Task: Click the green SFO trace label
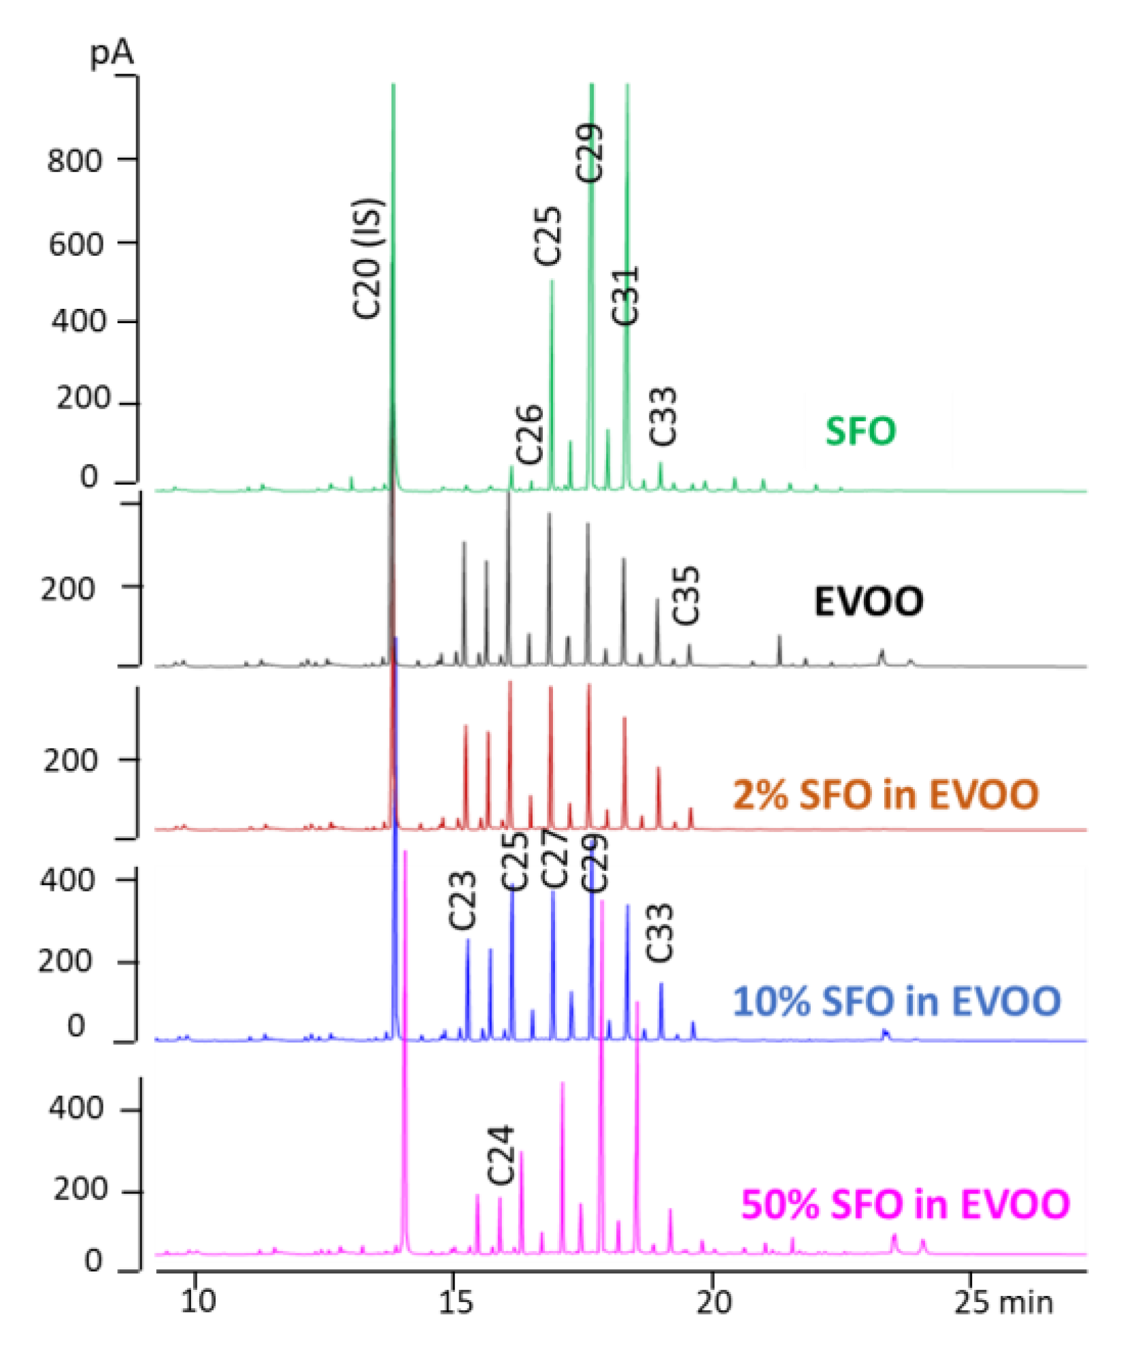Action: click(x=860, y=431)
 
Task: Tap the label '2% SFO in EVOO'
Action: click(x=886, y=795)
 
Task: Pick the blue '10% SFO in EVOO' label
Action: click(x=896, y=1001)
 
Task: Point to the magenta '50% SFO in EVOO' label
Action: click(x=905, y=1204)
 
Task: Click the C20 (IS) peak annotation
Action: click(x=368, y=258)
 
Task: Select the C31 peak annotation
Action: click(x=625, y=295)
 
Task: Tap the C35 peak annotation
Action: click(x=686, y=595)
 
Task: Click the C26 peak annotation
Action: click(x=529, y=434)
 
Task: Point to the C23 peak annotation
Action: click(x=463, y=901)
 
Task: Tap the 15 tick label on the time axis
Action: click(x=454, y=1301)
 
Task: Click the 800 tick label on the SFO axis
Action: click(x=75, y=161)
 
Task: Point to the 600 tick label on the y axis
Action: click(x=76, y=244)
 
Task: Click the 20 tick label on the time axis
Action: click(x=714, y=1301)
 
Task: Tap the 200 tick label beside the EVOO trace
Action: click(x=68, y=589)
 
